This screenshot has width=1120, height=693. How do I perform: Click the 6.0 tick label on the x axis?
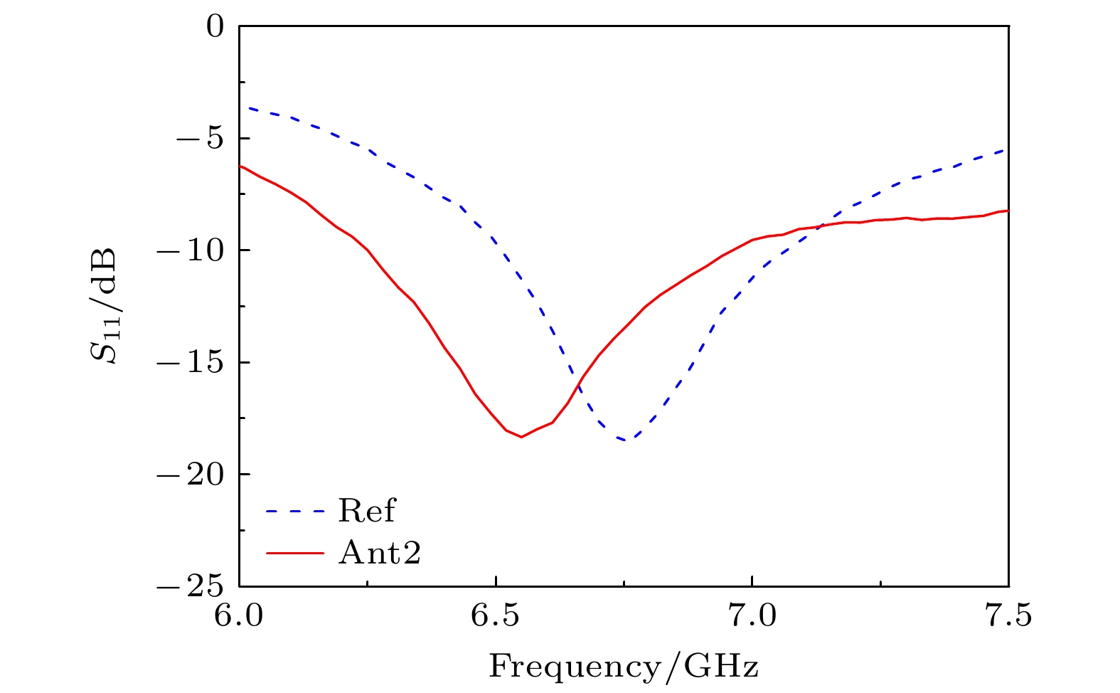tap(239, 617)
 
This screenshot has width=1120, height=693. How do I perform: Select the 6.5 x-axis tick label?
tap(496, 617)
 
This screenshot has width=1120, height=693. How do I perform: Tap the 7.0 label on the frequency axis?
tap(752, 617)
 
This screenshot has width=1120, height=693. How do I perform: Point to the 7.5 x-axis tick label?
tap(1008, 617)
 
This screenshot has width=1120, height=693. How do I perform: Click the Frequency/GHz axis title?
tap(624, 667)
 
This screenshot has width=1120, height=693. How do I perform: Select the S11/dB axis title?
tap(106, 306)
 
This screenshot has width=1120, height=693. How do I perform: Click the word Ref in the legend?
tap(366, 511)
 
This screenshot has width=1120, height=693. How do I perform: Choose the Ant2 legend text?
tap(380, 552)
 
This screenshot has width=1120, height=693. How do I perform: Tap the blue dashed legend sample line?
tap(294, 512)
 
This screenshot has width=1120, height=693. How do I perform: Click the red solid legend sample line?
tap(294, 553)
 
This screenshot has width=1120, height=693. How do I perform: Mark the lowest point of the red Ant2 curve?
tap(521, 437)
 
